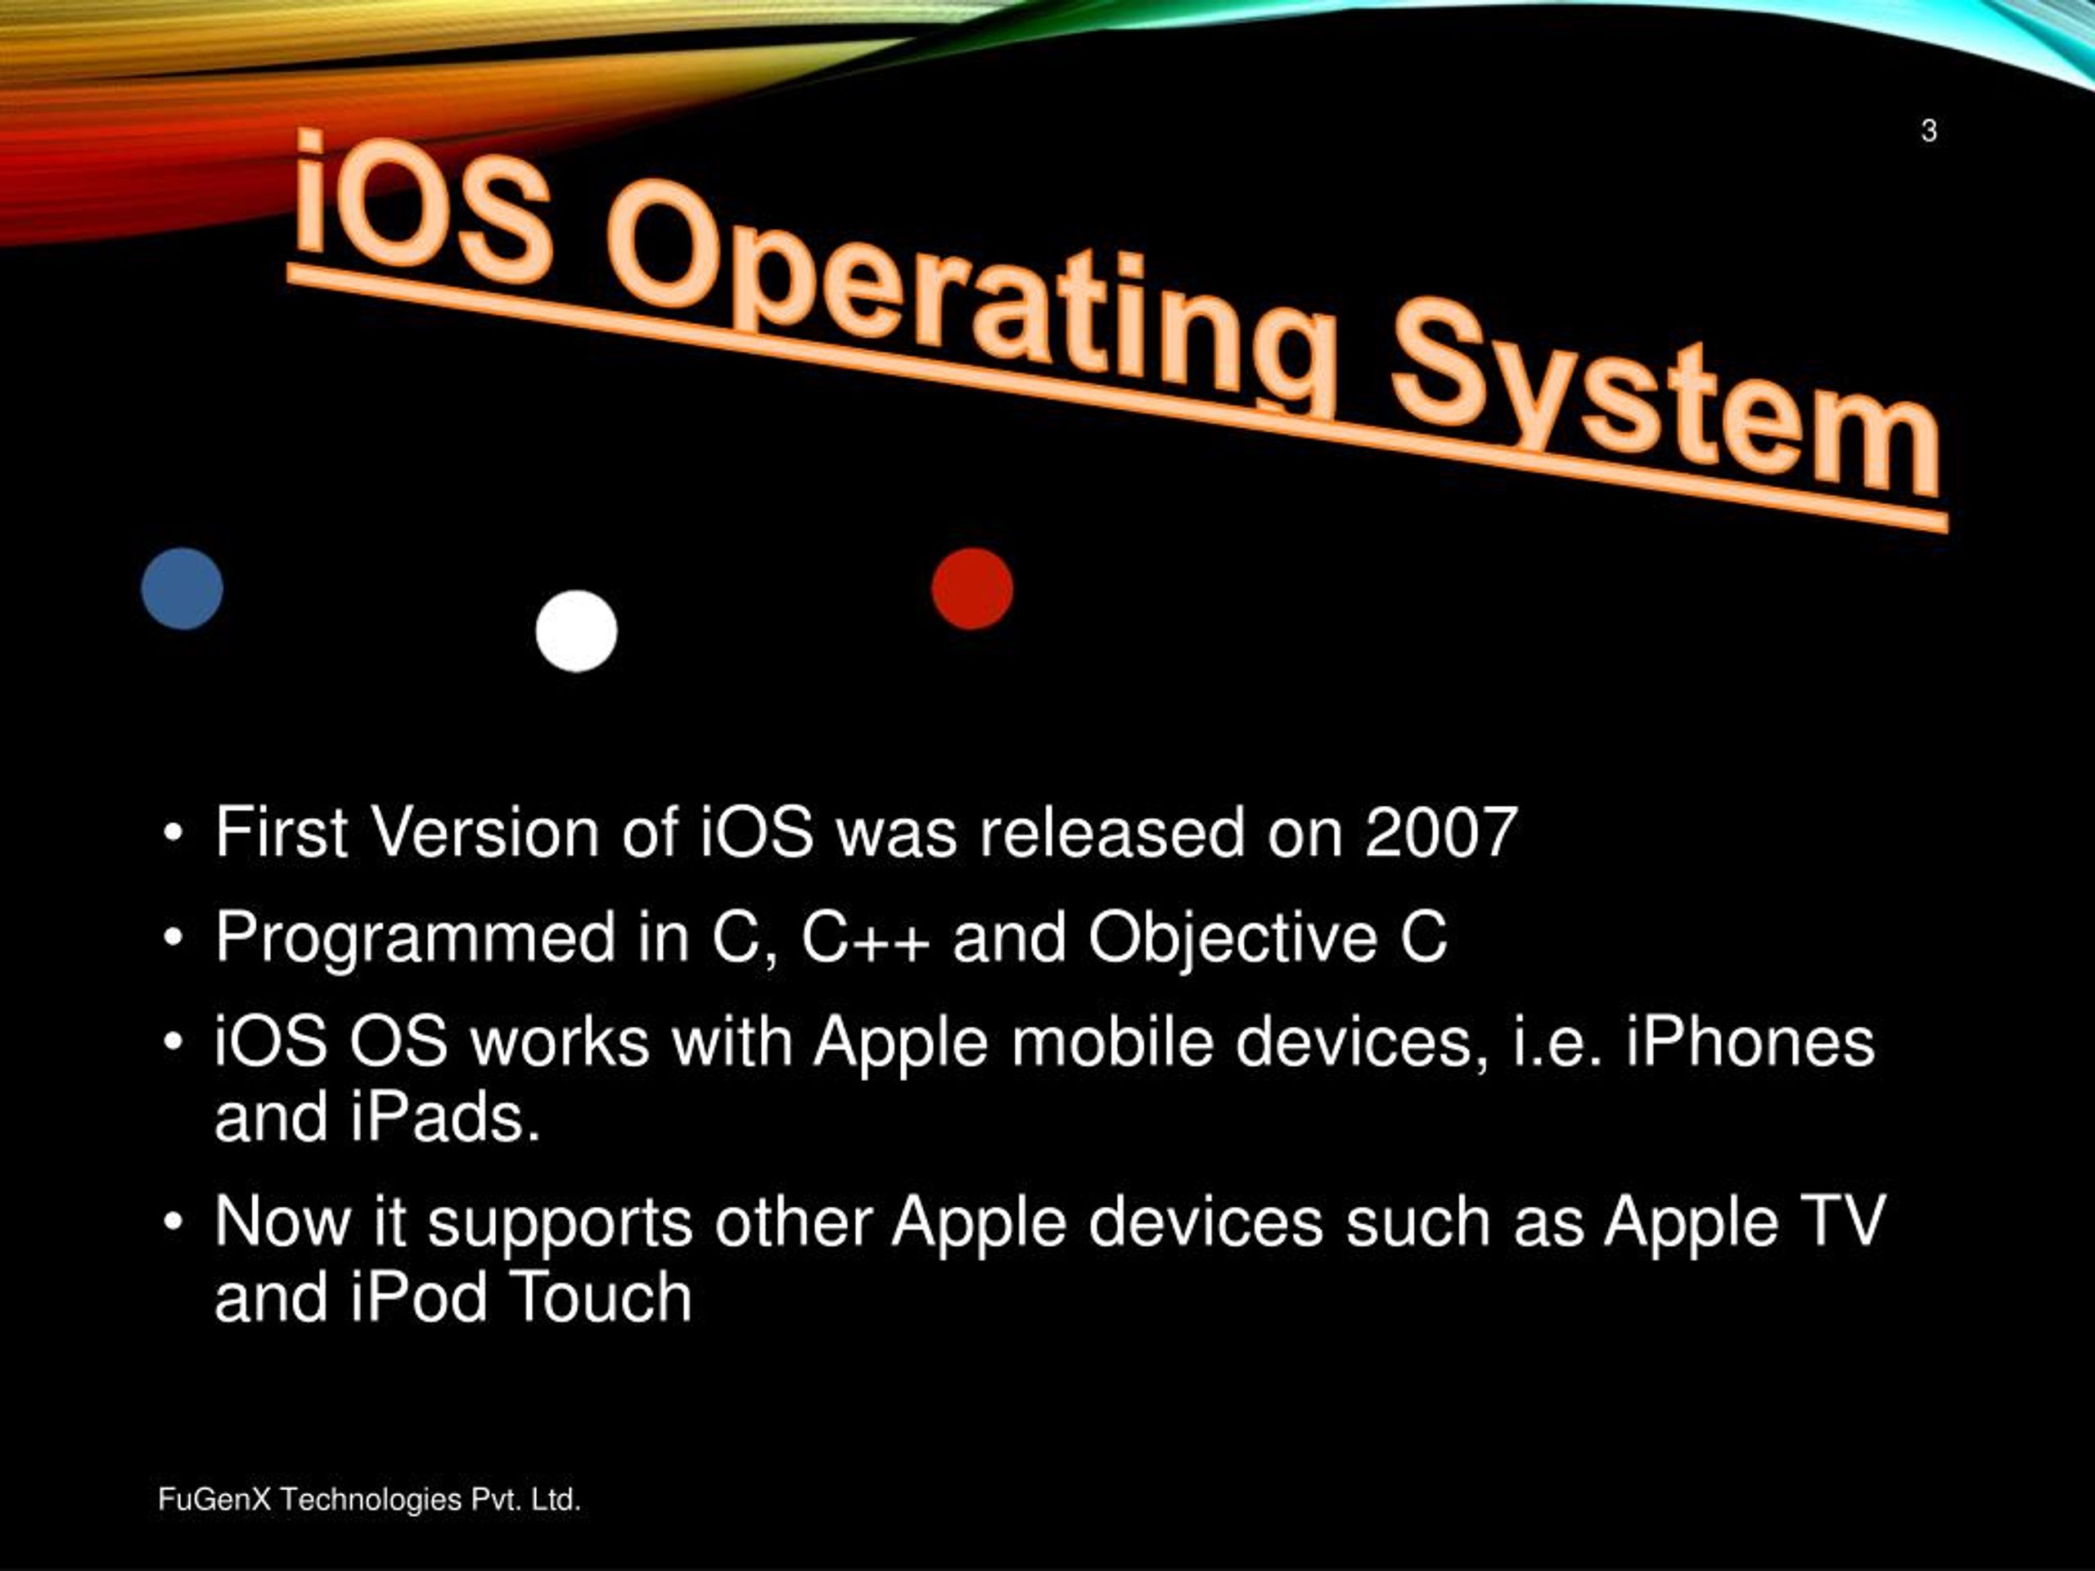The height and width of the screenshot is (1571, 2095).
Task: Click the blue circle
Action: click(182, 588)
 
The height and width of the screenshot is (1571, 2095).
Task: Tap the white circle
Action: click(576, 631)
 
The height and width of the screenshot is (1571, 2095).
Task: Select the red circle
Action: click(971, 588)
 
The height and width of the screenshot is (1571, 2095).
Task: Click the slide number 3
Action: click(1928, 131)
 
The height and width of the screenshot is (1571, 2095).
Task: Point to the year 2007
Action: click(1440, 833)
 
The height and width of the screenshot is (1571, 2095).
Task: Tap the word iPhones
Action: click(1750, 1042)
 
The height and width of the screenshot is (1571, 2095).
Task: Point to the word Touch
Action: click(601, 1298)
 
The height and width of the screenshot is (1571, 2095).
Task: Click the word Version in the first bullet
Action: click(484, 833)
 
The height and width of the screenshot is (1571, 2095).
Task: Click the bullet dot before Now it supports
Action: click(171, 1222)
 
